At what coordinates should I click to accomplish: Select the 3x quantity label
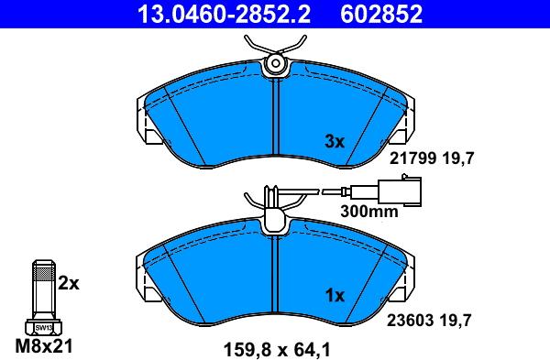tap(334, 141)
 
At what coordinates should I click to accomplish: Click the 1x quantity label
tap(334, 295)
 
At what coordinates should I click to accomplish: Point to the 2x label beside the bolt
tap(69, 284)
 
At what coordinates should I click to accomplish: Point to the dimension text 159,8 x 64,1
tap(276, 347)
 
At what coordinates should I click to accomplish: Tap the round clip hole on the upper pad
tap(275, 63)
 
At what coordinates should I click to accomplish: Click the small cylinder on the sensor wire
tap(345, 193)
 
